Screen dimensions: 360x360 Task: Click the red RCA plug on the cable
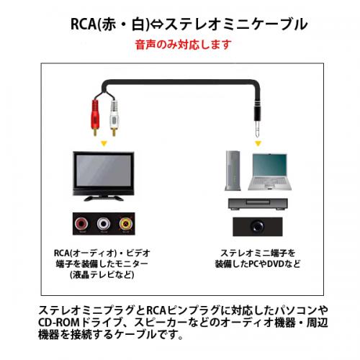point(95,117)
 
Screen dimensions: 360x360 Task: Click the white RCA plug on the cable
point(114,117)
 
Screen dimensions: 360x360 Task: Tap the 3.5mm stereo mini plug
point(258,120)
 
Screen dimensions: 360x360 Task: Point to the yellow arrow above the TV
point(104,143)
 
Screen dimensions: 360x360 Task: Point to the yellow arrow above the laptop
point(258,143)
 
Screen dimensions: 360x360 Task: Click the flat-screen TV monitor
point(104,176)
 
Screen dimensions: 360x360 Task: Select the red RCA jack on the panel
point(81,224)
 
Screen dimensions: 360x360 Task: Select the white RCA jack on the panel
point(104,224)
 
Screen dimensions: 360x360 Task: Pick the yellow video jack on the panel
point(126,224)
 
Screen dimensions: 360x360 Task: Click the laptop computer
point(270,171)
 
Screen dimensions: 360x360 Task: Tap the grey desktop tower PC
point(233,171)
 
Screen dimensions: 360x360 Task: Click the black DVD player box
point(258,204)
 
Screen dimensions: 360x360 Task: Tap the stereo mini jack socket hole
point(257,226)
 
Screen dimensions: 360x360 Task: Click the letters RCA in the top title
point(84,24)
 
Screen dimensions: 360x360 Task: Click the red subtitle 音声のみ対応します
point(183,45)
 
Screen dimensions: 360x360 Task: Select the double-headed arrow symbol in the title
point(157,24)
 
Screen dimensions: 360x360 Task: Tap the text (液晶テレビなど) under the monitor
point(102,274)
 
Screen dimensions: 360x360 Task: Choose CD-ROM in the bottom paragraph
point(59,323)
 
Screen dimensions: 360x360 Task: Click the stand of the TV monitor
point(104,198)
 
